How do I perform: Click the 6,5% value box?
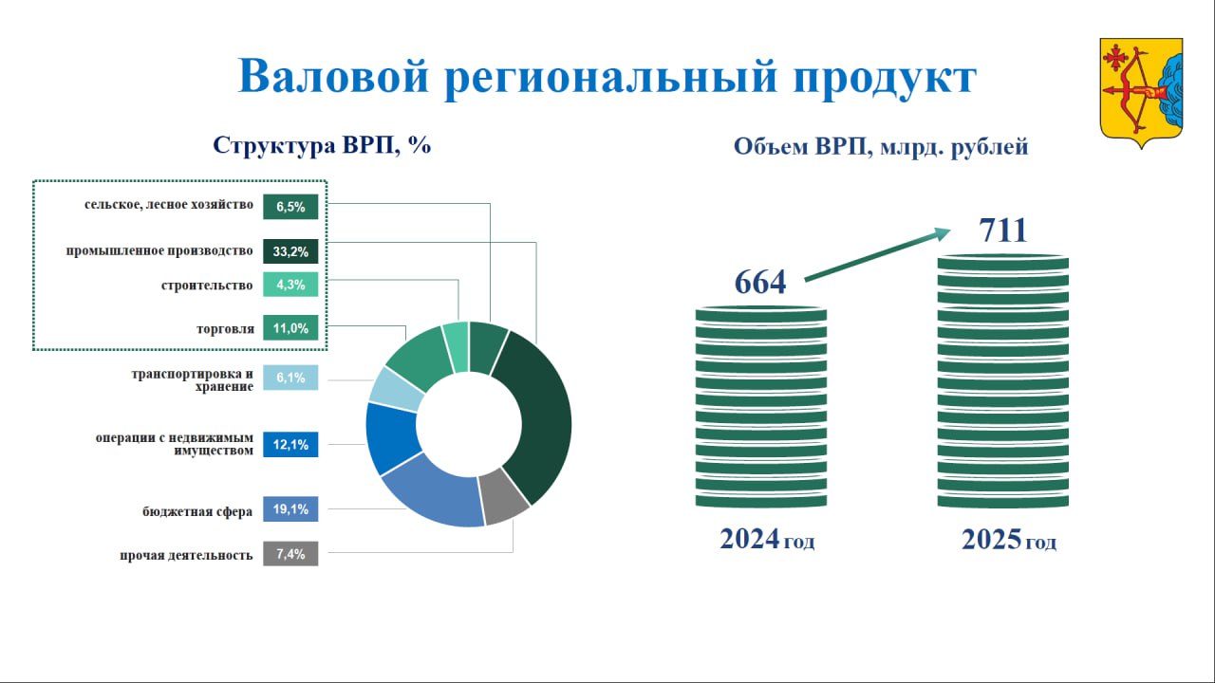click(290, 207)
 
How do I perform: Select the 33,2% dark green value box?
click(290, 251)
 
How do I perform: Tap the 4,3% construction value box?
click(290, 285)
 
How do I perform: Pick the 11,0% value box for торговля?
click(290, 328)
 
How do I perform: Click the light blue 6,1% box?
click(290, 378)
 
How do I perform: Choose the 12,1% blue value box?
click(290, 445)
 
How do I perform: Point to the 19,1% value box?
click(290, 509)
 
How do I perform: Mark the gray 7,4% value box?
click(290, 553)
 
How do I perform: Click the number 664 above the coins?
click(760, 282)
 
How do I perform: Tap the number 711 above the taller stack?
click(1003, 230)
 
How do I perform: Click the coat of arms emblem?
click(1141, 93)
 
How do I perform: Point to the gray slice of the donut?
click(504, 496)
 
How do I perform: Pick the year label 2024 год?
click(767, 540)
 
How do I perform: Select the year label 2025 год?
click(1009, 540)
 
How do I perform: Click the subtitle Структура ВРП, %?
click(322, 145)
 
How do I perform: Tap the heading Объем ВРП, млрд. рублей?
click(881, 146)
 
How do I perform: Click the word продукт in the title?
click(885, 77)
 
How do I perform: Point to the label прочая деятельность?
click(186, 555)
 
